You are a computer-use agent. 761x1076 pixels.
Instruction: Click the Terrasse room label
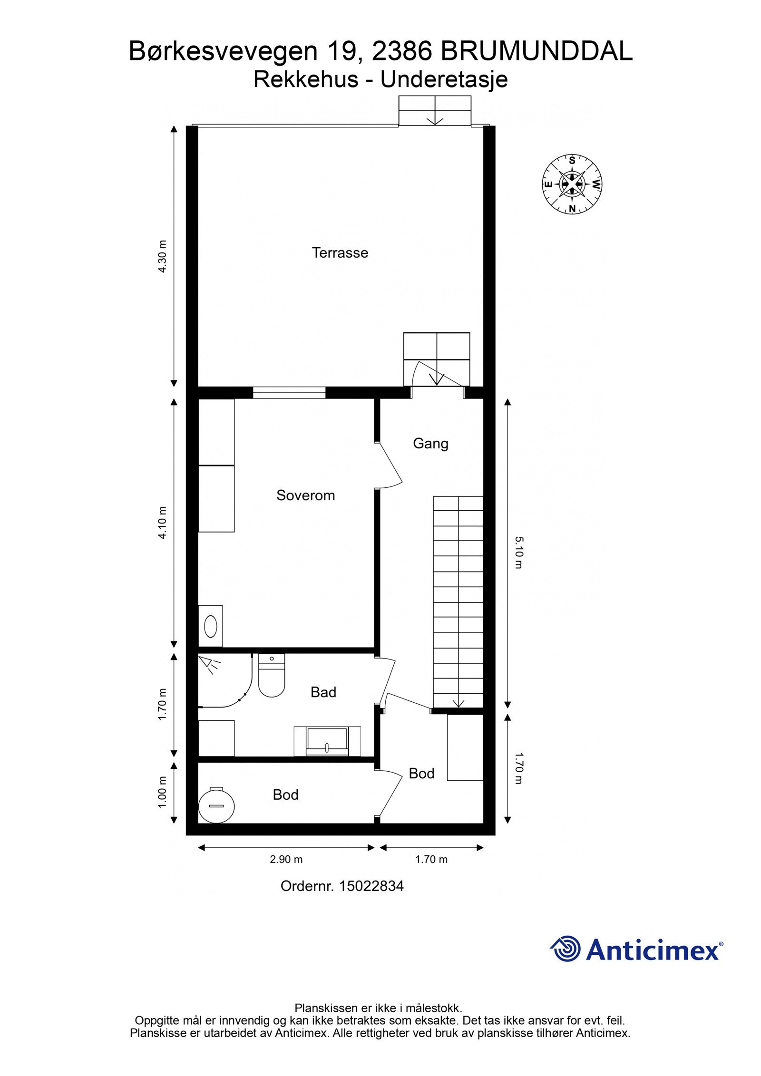click(340, 252)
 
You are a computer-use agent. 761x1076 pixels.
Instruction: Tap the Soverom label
click(305, 495)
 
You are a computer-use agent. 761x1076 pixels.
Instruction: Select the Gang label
click(430, 444)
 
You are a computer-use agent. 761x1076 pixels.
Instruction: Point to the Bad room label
click(323, 692)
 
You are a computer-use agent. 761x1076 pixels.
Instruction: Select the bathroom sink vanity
click(327, 741)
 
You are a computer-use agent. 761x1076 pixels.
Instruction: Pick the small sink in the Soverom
click(210, 626)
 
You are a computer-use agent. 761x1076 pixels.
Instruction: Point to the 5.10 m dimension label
click(518, 552)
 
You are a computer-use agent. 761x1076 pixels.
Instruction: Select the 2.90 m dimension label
click(286, 860)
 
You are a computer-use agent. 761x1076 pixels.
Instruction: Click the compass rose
click(572, 184)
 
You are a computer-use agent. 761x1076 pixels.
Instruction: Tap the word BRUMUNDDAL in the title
click(536, 51)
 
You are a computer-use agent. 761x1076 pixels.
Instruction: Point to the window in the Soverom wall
click(289, 392)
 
